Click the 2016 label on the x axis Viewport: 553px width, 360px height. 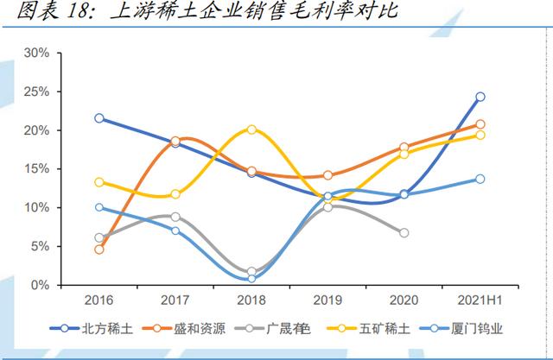[99, 300]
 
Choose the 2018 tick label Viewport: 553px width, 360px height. [251, 300]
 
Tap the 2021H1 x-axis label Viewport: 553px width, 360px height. [480, 300]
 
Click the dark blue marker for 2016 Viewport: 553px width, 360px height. [99, 118]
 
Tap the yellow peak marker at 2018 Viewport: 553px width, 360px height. [251, 129]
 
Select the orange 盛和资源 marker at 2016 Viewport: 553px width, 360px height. [99, 249]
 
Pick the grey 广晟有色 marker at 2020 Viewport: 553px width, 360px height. [404, 233]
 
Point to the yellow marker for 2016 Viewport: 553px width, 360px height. [99, 182]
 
